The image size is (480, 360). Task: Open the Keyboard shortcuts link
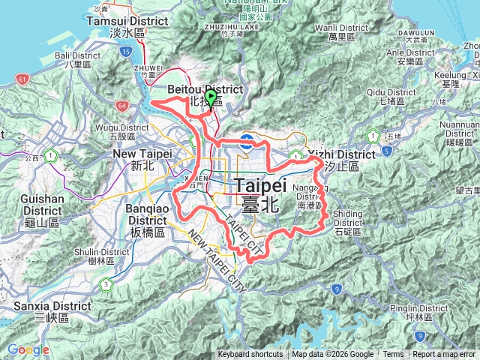250,355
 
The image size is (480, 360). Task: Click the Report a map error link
444,355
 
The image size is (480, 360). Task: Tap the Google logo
28,349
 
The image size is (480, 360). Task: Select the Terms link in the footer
393,355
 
